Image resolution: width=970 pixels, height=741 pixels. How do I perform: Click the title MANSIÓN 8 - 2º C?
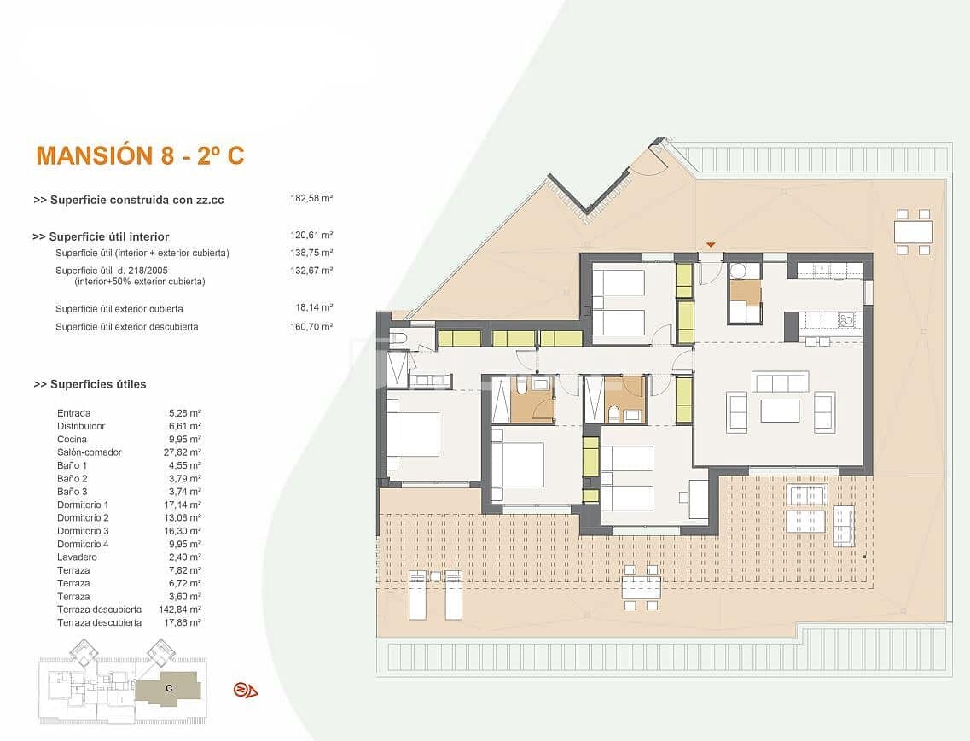[140, 155]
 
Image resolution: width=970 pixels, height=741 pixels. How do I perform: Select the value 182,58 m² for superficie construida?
[311, 198]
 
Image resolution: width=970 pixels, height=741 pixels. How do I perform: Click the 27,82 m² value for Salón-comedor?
[185, 452]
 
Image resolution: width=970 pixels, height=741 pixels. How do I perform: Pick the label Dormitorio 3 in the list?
[83, 531]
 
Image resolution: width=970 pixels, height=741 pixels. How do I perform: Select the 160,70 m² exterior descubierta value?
[311, 326]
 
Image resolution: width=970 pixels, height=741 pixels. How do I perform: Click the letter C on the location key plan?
[169, 687]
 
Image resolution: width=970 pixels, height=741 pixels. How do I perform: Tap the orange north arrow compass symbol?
[245, 690]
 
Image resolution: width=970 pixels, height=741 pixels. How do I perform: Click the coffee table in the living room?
[780, 411]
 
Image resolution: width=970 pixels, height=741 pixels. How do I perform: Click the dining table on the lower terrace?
[641, 587]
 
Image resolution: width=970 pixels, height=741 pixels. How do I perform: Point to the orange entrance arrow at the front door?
[711, 246]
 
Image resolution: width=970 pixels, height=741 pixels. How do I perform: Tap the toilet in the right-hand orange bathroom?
[613, 417]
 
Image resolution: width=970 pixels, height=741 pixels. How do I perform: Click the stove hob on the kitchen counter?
[846, 320]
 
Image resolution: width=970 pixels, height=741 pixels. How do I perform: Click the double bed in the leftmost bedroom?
[413, 433]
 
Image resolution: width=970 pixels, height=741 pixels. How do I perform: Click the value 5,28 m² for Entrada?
[185, 413]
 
